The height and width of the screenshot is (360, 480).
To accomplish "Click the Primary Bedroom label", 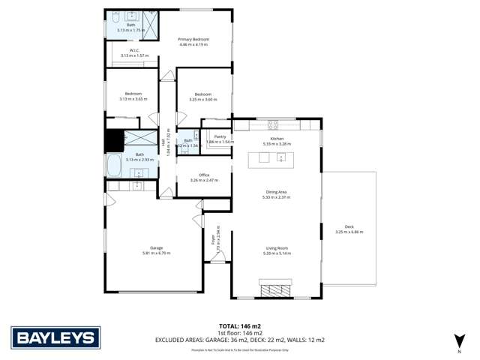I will point(193,39).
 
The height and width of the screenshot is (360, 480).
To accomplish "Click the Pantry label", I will point(220,136).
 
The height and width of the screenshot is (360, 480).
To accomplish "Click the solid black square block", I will point(114,141).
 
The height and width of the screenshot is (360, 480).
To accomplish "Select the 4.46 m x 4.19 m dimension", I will point(193,44).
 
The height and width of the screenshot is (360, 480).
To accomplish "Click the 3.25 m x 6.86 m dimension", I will point(349,232).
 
